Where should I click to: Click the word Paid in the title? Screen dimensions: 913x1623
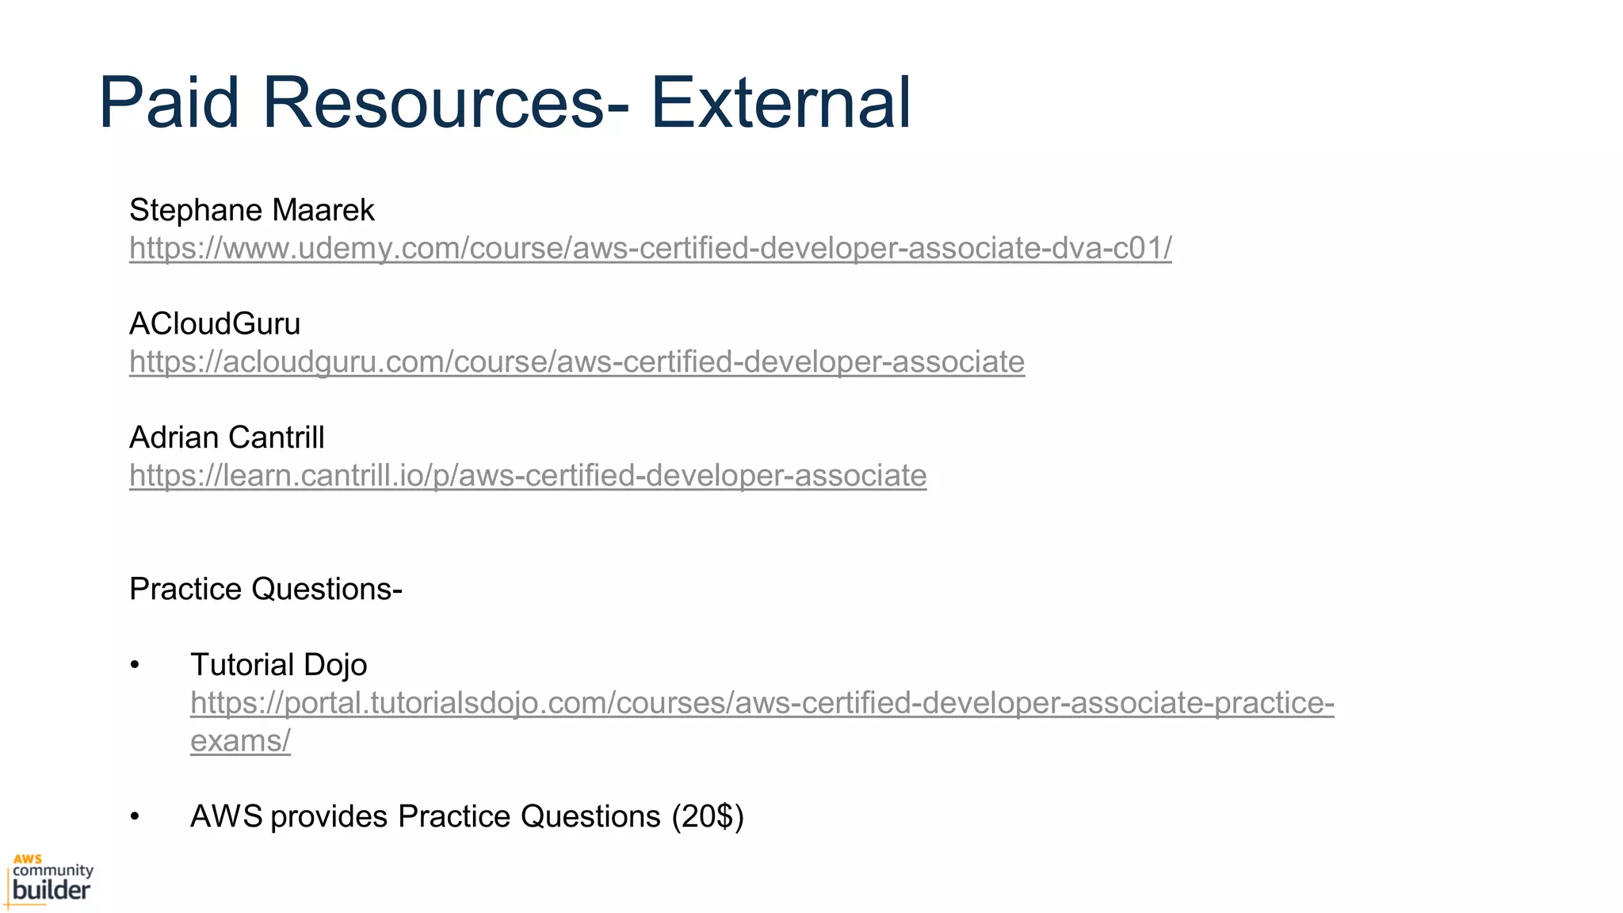169,102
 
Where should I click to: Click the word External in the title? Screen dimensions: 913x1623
781,102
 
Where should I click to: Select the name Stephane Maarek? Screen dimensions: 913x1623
251,210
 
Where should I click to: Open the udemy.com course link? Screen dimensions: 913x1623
650,248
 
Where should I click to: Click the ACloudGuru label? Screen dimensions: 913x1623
215,323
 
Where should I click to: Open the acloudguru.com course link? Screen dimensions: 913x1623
576,361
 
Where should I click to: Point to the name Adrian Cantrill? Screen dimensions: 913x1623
227,437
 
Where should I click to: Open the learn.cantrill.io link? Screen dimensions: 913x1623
528,476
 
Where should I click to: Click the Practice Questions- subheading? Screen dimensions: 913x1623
265,589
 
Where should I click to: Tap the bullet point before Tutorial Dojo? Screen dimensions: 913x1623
135,665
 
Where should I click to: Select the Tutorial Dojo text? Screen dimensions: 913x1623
278,665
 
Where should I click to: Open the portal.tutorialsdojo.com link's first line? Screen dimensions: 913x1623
762,703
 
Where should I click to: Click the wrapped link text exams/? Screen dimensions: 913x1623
240,741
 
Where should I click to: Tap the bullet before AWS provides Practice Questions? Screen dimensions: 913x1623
135,816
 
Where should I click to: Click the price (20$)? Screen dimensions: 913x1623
707,816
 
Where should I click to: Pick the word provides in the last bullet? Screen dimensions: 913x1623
329,816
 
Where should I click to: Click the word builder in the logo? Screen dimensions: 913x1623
52,889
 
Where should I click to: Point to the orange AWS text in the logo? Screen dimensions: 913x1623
27,859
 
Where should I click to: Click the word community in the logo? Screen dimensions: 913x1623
53,871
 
